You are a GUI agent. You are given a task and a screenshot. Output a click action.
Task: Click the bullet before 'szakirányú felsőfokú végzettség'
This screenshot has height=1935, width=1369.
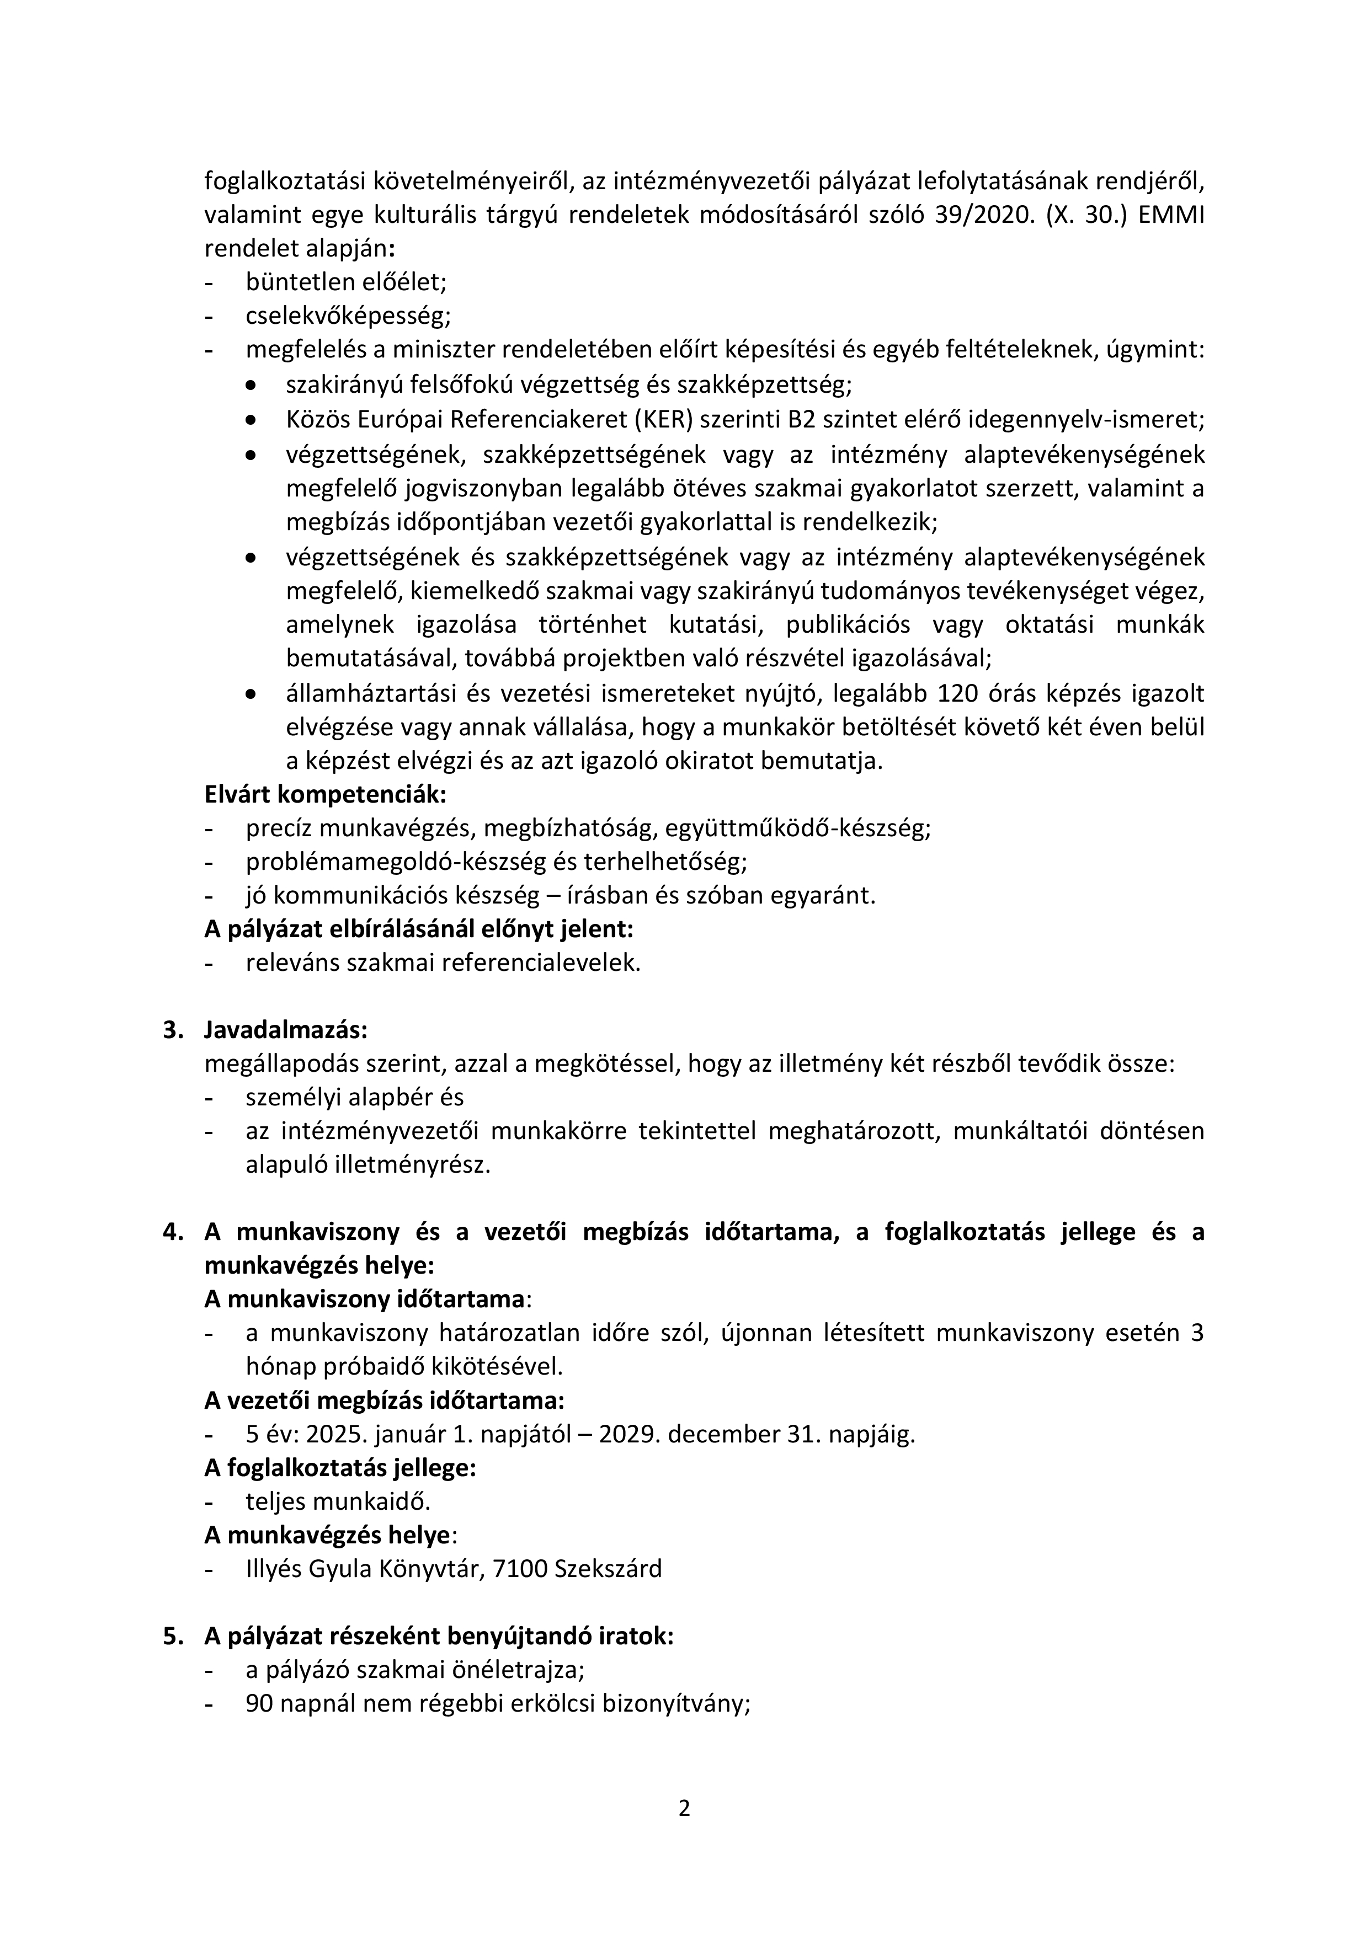point(251,385)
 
